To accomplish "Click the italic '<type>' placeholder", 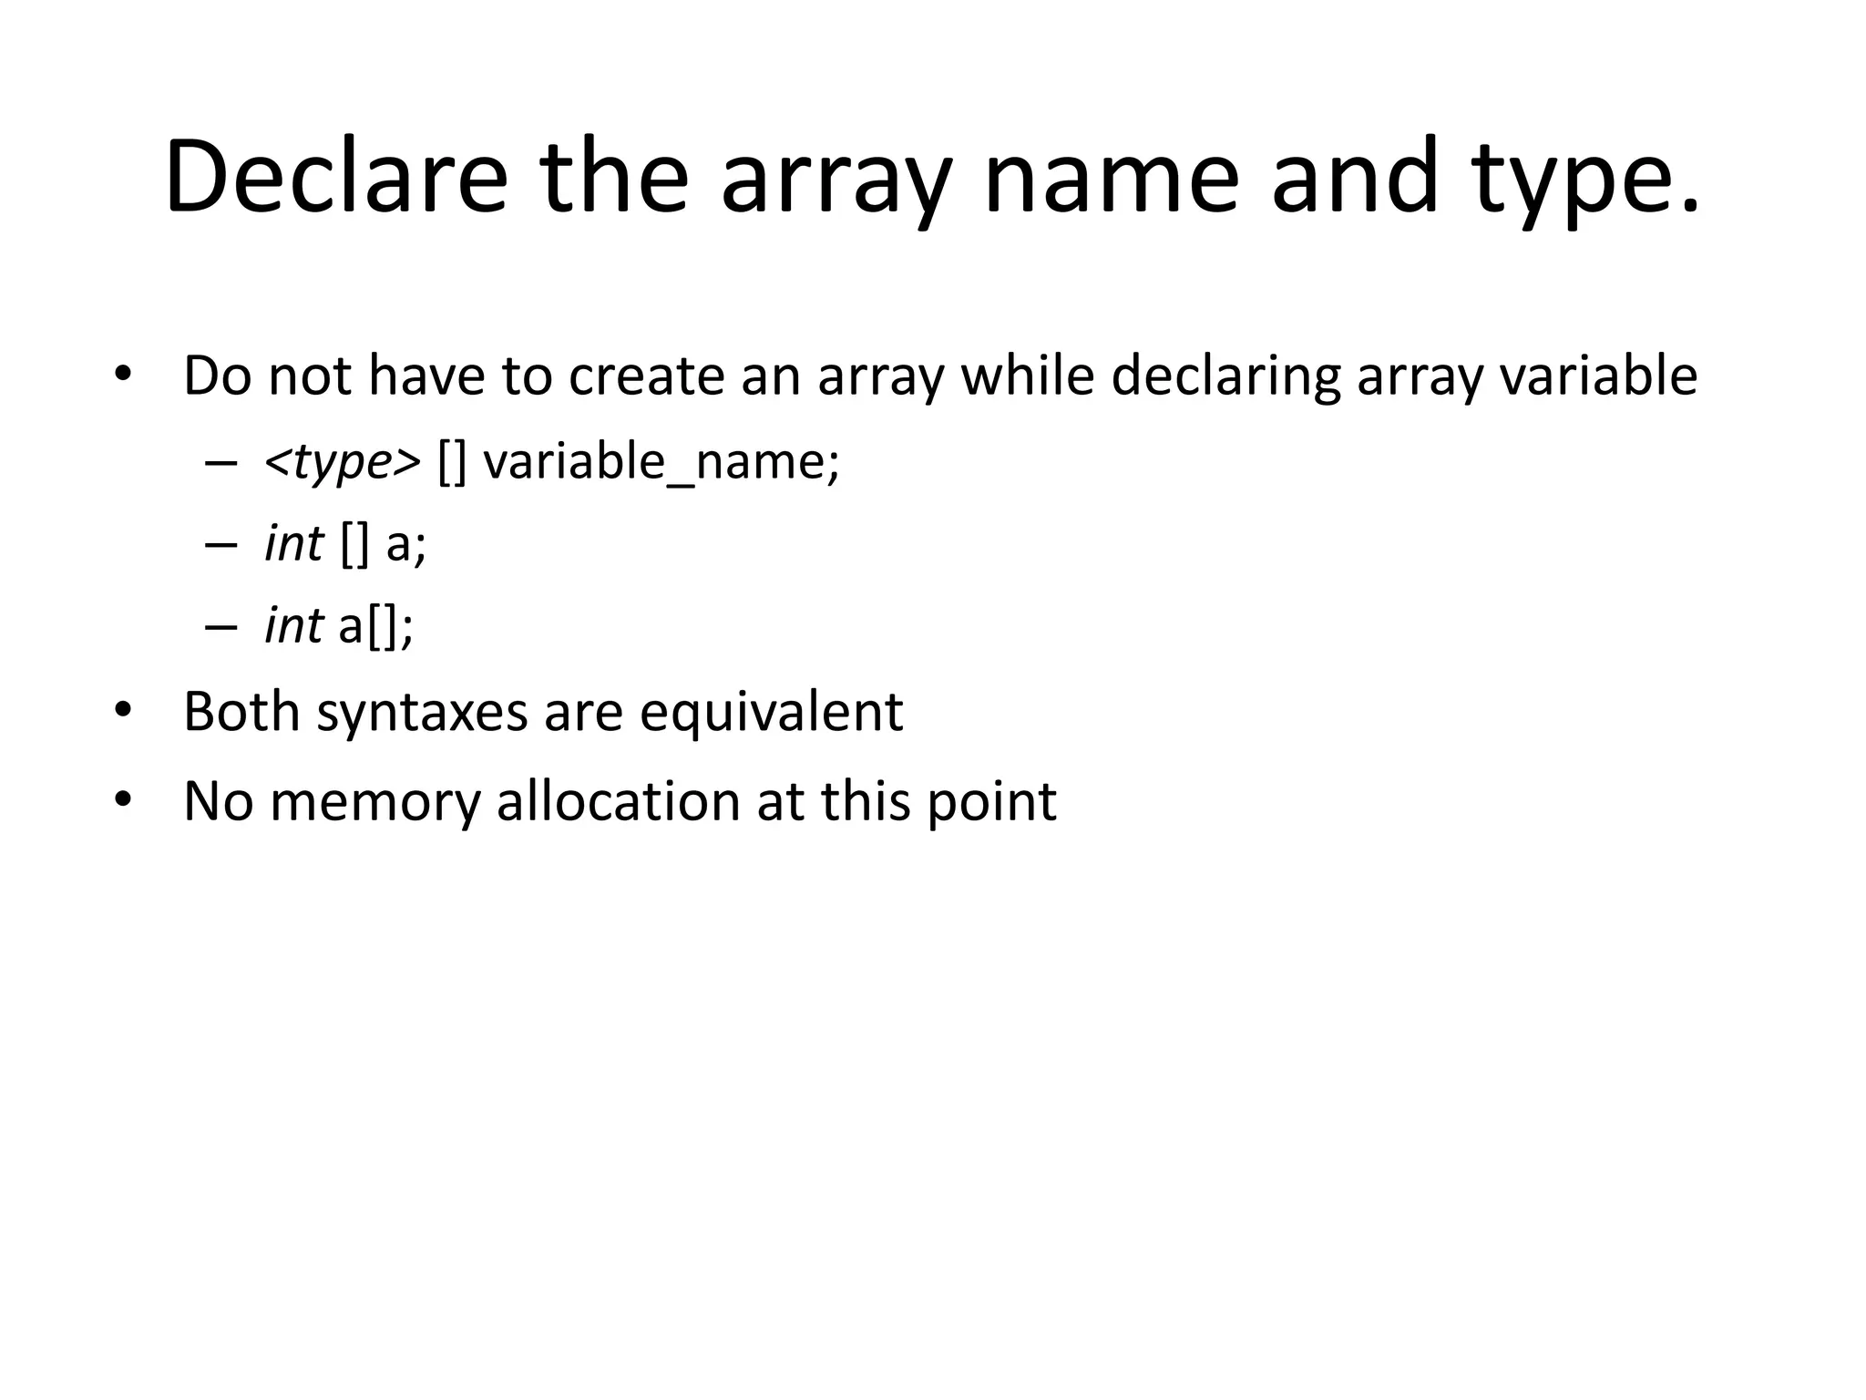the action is (x=343, y=462).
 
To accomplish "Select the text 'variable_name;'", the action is (x=661, y=462).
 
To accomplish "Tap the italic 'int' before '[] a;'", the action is (x=293, y=544).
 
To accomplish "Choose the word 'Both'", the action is (x=241, y=711).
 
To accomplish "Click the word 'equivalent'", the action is (x=771, y=713).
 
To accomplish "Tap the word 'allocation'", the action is (x=618, y=801).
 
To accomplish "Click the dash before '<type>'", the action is (x=220, y=462).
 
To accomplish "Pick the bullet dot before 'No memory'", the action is (x=123, y=800).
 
